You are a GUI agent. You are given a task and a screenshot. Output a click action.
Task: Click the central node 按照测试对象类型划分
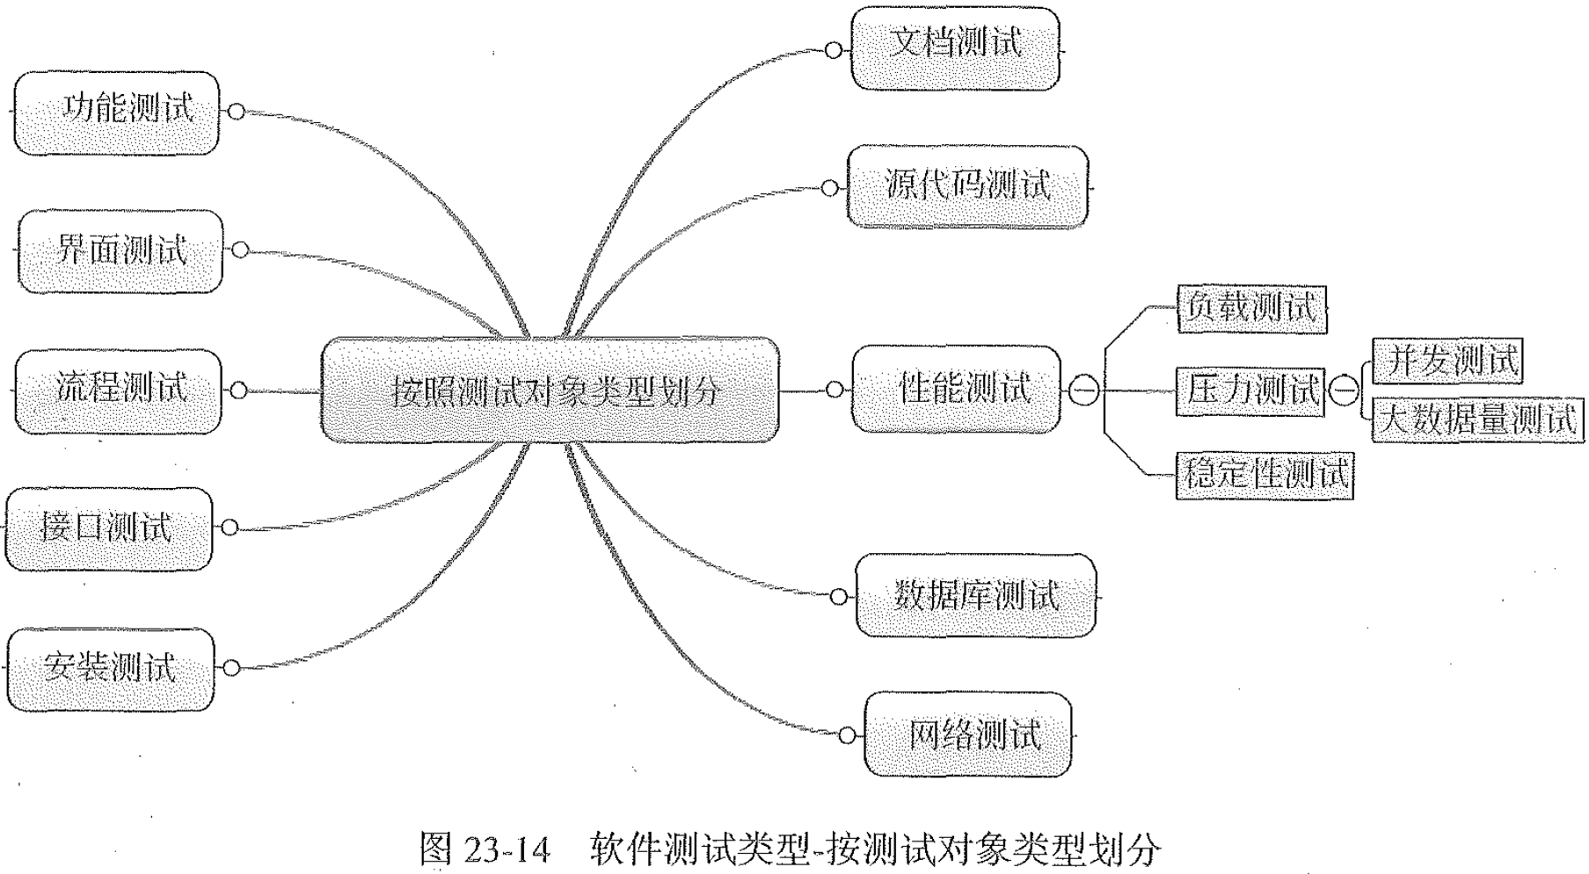tap(550, 390)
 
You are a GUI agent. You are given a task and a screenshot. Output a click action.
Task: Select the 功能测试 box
tap(117, 113)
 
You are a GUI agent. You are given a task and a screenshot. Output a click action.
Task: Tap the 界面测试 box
tap(120, 251)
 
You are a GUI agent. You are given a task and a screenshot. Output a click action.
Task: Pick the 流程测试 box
tap(119, 390)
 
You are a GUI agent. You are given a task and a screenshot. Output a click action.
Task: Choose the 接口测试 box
tap(109, 528)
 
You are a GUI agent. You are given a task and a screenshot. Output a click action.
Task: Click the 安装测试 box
tap(110, 668)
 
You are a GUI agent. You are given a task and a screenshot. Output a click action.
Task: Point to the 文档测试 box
tap(955, 47)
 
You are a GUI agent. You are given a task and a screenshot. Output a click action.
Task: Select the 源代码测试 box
tap(967, 186)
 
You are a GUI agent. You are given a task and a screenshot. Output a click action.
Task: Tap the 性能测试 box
tap(957, 389)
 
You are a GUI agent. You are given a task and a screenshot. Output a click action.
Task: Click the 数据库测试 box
tap(976, 595)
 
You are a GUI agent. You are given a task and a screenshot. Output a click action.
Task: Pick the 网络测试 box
tap(968, 734)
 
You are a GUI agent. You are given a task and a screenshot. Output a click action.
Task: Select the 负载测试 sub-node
tap(1251, 308)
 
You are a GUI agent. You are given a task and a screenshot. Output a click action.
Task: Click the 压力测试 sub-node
tap(1250, 390)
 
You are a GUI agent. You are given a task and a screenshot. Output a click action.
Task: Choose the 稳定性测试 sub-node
tap(1264, 475)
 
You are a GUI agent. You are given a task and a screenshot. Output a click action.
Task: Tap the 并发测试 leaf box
tap(1447, 361)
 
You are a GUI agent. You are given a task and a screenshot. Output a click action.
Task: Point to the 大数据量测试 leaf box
tap(1477, 419)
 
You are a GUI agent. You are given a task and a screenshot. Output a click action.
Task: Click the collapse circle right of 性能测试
tap(1083, 390)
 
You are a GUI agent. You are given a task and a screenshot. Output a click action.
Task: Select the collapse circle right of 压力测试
tap(1343, 390)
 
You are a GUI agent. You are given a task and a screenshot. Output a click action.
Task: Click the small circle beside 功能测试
tap(236, 112)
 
